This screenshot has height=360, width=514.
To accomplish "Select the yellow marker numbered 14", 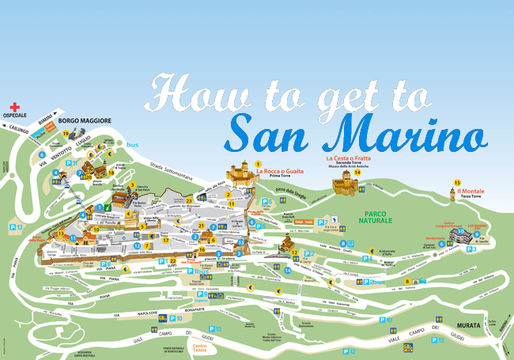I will point(357,172).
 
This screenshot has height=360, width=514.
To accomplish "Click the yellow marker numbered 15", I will point(457,183).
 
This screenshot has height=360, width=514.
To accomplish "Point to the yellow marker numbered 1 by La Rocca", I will point(256,164).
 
